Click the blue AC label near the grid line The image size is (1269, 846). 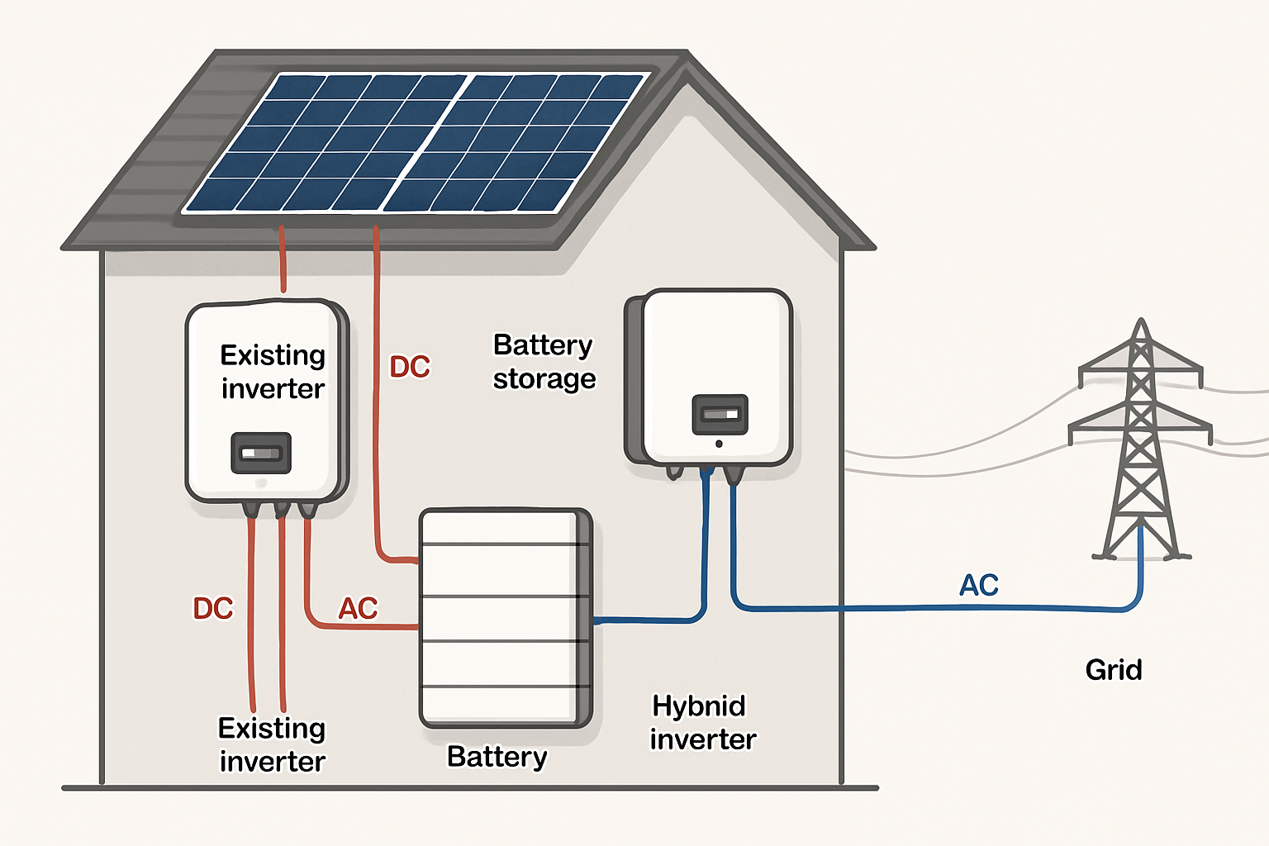pos(979,585)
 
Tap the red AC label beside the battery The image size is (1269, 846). pos(358,608)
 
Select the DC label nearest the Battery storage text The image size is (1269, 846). pos(410,367)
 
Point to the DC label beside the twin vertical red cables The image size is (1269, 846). pos(213,608)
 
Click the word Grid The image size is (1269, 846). pos(1114,669)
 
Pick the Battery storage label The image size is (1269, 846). pos(544,362)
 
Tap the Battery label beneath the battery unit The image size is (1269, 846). pos(497,757)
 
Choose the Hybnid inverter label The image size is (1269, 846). pos(702,722)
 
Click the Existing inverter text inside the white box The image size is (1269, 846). pos(273,372)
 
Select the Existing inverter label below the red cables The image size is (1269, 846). pos(272,744)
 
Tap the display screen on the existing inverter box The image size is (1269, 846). pos(261,453)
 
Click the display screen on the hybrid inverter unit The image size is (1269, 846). pos(720,414)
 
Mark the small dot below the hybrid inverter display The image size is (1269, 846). pos(719,444)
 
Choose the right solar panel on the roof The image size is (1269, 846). pos(516,142)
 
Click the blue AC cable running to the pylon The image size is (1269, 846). pos(909,608)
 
